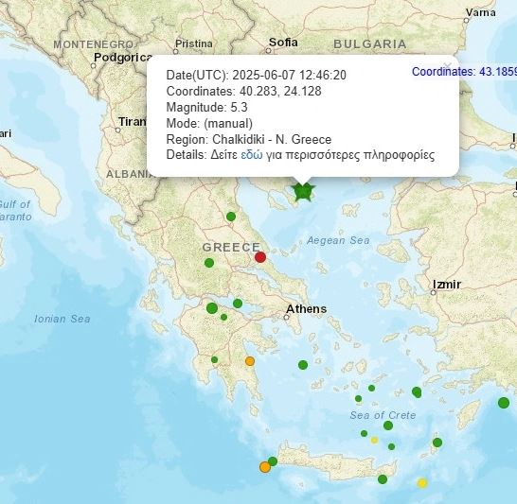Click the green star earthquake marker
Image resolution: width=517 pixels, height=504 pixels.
303,192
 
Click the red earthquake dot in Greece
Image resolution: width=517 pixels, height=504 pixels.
260,256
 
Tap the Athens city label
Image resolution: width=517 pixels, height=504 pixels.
306,309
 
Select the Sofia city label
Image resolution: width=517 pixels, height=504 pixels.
283,42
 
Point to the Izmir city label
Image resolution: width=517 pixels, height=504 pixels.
445,284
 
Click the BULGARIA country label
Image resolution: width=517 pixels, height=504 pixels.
370,43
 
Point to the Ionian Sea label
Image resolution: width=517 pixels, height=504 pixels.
62,319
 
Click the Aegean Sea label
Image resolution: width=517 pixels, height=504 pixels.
338,240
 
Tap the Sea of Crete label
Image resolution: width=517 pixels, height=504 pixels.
383,415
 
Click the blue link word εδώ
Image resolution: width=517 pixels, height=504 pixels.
252,154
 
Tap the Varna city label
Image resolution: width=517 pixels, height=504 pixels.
481,12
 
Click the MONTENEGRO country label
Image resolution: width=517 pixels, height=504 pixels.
93,44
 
